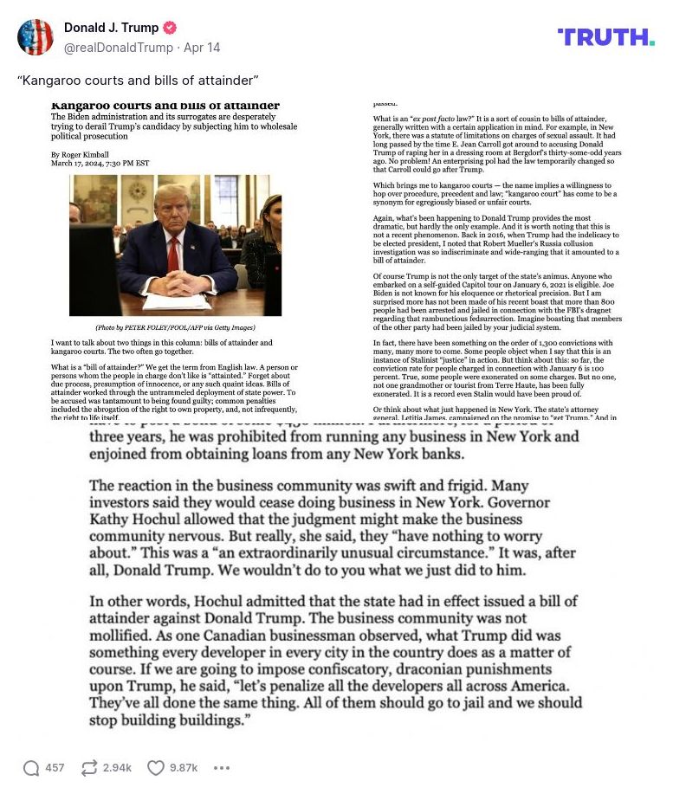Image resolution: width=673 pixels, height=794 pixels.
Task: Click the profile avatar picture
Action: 36,37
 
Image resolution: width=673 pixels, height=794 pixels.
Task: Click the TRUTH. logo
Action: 605,37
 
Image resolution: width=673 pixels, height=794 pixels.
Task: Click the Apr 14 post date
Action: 202,48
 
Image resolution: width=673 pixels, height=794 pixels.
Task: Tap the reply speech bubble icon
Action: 31,767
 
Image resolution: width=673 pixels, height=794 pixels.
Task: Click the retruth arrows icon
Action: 88,767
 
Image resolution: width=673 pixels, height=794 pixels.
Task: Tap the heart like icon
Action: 155,767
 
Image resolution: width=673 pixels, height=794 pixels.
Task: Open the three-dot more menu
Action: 222,767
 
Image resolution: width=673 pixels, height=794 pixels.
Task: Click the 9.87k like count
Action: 183,767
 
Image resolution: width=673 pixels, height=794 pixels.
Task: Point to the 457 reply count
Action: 55,767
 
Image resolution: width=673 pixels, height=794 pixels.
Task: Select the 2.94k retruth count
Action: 117,767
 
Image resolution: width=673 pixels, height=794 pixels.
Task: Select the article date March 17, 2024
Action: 100,163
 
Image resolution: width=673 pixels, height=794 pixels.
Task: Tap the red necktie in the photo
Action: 172,257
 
